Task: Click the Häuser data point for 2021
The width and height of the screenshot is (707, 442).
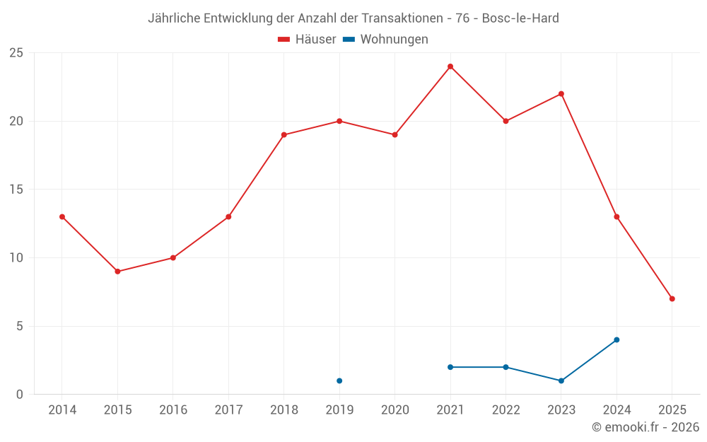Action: tap(450, 66)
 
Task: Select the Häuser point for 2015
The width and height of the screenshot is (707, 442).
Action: tap(117, 272)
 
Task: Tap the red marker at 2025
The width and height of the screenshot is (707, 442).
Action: tap(672, 298)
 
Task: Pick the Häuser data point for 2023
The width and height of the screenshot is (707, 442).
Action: tap(561, 94)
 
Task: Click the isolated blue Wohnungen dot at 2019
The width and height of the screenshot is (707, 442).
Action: tap(339, 380)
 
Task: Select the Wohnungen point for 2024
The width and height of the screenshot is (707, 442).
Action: tap(617, 339)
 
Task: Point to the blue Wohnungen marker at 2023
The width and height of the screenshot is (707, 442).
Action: tap(561, 380)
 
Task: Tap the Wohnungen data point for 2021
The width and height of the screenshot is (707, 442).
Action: tap(450, 367)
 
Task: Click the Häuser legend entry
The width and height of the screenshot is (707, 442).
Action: tap(307, 40)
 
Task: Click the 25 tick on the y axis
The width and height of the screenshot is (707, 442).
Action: tap(16, 53)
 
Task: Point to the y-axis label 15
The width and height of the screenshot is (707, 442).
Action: tap(16, 190)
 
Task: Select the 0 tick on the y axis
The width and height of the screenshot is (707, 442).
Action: tap(20, 394)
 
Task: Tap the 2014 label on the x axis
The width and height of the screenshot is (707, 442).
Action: tap(62, 410)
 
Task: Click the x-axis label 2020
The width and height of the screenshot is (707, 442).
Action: tap(395, 410)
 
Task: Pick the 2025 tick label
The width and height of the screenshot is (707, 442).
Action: tap(672, 410)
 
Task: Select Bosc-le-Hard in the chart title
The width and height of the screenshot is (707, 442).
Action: tap(520, 18)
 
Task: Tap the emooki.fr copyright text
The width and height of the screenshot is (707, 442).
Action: tap(645, 427)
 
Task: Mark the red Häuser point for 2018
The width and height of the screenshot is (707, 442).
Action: tap(284, 134)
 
